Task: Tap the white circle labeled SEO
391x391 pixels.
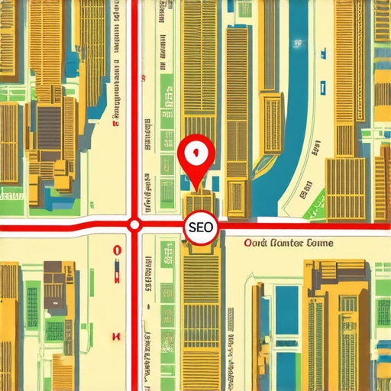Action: pyautogui.click(x=201, y=227)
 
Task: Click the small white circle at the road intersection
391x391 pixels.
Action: pyautogui.click(x=134, y=225)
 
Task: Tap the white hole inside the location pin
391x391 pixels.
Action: pyautogui.click(x=196, y=151)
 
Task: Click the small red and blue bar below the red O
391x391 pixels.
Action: pyautogui.click(x=117, y=267)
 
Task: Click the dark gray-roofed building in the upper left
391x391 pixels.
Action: pyautogui.click(x=50, y=122)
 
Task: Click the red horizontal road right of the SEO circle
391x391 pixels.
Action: pyautogui.click(x=305, y=226)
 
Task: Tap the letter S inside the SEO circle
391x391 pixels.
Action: pyautogui.click(x=192, y=228)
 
